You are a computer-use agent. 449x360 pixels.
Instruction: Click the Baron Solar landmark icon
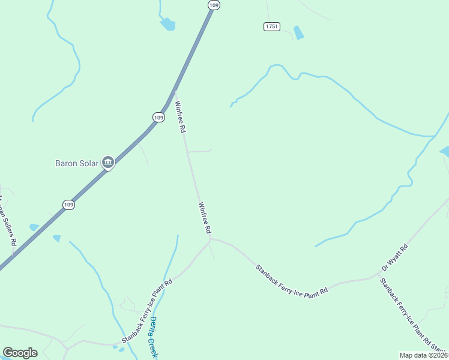tap(108, 162)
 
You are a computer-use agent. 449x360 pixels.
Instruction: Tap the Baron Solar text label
tap(76, 163)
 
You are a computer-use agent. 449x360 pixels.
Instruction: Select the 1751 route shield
tap(271, 26)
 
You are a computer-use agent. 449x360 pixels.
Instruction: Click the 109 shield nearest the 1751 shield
tap(214, 5)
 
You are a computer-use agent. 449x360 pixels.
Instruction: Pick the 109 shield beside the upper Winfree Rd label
tap(158, 118)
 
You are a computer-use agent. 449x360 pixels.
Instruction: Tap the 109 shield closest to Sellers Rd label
tap(69, 205)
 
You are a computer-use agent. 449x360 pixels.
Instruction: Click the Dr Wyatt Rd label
tap(394, 257)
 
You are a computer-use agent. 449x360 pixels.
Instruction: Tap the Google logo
tap(20, 353)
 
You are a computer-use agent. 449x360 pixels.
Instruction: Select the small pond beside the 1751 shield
tap(298, 32)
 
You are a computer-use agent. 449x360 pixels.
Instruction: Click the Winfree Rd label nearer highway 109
tap(180, 116)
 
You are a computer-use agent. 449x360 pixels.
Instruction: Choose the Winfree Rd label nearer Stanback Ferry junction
tap(204, 217)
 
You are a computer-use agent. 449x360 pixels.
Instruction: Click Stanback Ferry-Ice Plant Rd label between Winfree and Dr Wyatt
tap(291, 279)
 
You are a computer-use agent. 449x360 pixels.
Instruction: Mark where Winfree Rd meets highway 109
tap(175, 91)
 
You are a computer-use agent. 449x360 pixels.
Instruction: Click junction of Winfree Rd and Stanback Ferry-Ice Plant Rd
tap(211, 239)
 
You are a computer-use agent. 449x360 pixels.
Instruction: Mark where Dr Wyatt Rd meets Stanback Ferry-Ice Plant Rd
tap(379, 277)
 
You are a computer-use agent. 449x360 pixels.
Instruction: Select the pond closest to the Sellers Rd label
tap(34, 227)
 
